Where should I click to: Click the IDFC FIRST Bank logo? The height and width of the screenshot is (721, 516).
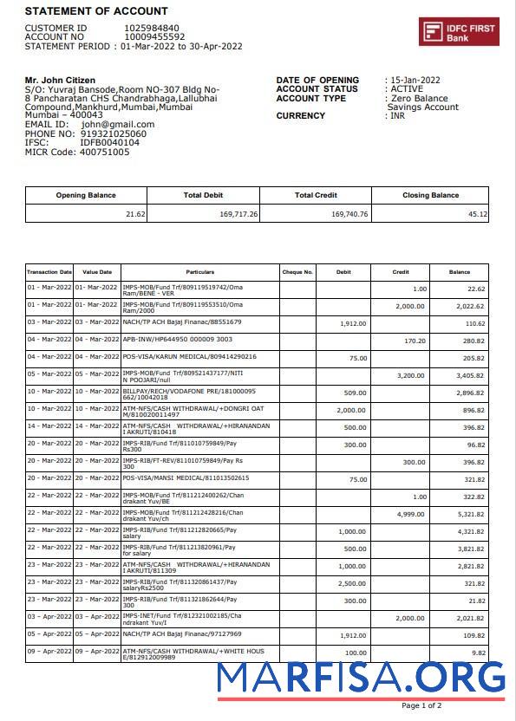click(x=459, y=32)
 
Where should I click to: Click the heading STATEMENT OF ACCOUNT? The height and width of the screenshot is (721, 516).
click(x=96, y=11)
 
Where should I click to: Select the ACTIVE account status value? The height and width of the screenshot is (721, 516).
click(x=407, y=89)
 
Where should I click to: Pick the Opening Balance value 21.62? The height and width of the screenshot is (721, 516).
click(x=135, y=213)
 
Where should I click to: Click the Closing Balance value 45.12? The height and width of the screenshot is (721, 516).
click(x=477, y=213)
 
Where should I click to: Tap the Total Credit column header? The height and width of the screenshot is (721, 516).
click(x=316, y=195)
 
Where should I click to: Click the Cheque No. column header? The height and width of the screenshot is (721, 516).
click(x=297, y=272)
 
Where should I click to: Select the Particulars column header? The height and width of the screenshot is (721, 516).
click(x=199, y=272)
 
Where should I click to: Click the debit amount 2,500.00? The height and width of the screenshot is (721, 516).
click(x=351, y=583)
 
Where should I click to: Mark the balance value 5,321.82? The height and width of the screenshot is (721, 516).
click(x=471, y=513)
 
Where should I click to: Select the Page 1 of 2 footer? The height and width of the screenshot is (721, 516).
click(x=421, y=705)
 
